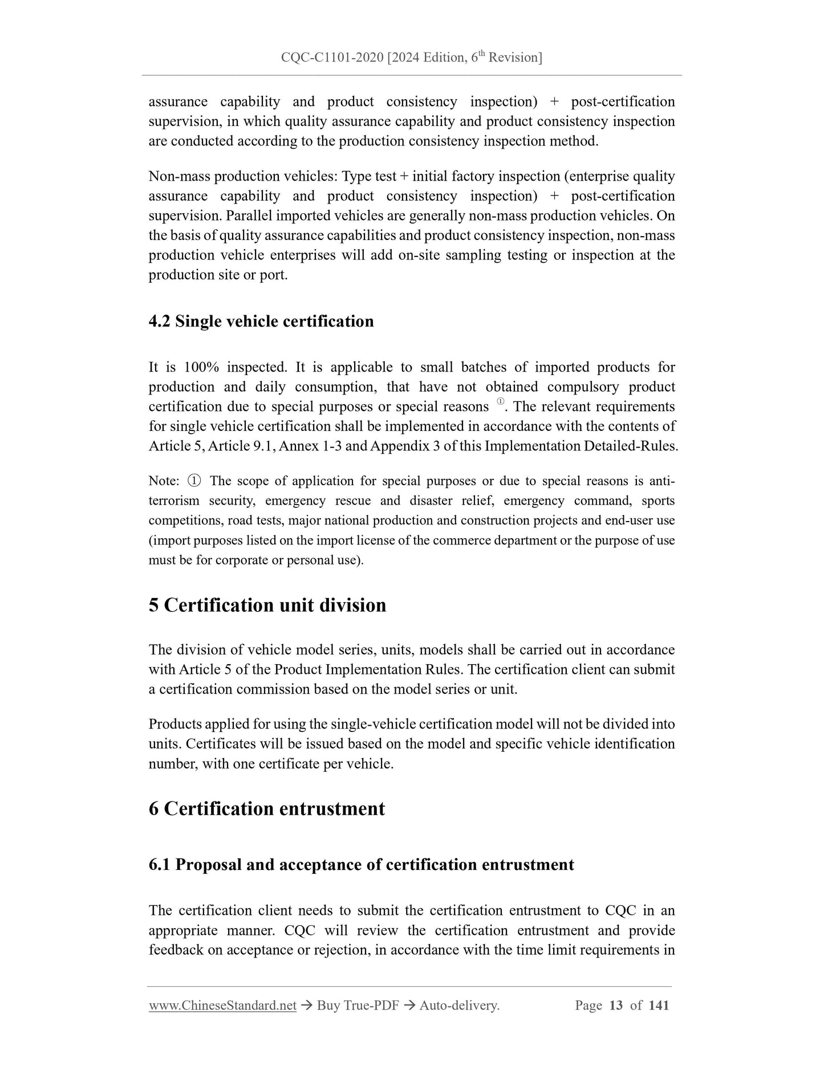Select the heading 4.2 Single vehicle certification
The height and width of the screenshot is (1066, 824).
point(261,322)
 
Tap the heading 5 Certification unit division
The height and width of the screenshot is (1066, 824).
point(267,605)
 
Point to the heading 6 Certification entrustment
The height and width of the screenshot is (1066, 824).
point(266,809)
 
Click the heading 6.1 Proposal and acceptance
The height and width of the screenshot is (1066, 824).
point(361,865)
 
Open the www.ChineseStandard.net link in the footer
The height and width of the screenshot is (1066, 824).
point(222,1006)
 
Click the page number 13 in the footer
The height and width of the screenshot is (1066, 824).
point(616,1006)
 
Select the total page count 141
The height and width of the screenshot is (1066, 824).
point(659,1006)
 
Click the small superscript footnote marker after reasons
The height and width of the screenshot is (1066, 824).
point(500,402)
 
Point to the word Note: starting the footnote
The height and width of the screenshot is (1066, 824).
point(164,481)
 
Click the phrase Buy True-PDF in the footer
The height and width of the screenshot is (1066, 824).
point(358,1006)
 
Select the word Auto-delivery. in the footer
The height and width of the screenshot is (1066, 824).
point(459,1006)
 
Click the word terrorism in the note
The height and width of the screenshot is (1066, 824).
point(174,501)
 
